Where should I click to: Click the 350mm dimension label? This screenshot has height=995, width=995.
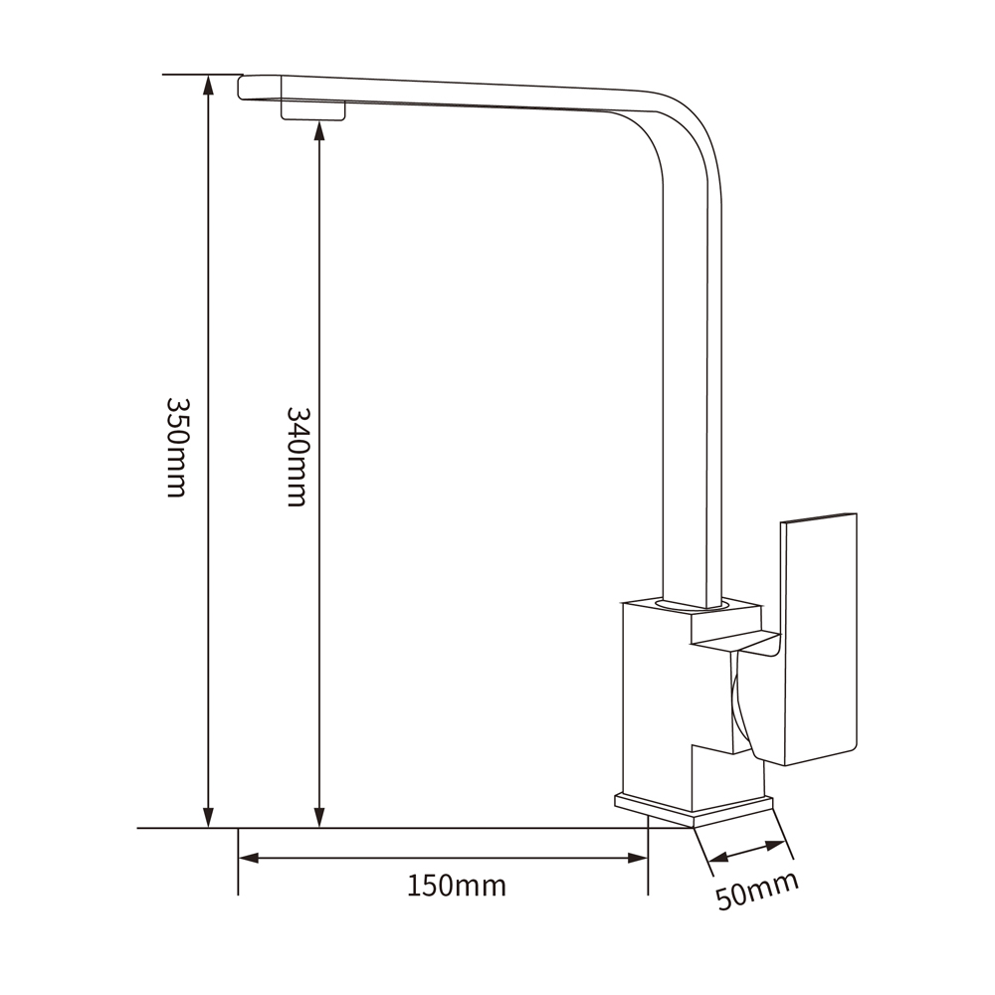point(176,448)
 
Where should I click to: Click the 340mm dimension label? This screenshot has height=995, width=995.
point(297,457)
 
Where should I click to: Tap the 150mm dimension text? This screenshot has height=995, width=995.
point(457,886)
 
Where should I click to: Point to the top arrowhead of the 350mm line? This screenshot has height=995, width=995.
point(208,85)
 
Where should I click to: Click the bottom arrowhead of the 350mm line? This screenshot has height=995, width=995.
point(208,817)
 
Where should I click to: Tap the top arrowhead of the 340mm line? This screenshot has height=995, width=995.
point(319,131)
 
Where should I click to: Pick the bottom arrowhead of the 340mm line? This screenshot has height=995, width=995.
point(319,817)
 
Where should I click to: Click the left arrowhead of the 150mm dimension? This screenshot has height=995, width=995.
point(249,858)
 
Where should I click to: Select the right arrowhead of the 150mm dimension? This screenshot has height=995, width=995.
point(637,858)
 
